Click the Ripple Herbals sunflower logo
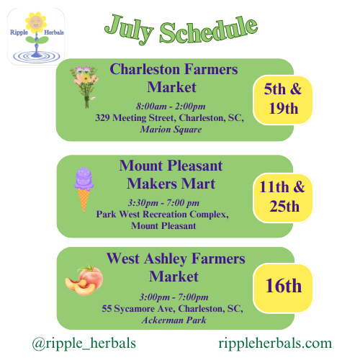[36, 37]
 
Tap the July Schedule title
[181, 30]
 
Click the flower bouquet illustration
[84, 87]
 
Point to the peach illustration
[84, 279]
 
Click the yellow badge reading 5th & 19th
[283, 100]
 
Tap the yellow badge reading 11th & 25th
[283, 197]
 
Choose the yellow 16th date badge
[283, 288]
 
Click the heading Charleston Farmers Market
[174, 78]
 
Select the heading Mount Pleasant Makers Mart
[171, 175]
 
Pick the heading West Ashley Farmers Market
[176, 267]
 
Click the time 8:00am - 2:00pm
[171, 106]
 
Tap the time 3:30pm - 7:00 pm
[163, 203]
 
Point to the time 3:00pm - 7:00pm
[174, 297]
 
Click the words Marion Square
[171, 130]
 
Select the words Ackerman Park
[174, 320]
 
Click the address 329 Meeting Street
[136, 118]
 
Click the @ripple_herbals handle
[84, 343]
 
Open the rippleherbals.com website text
[275, 343]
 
